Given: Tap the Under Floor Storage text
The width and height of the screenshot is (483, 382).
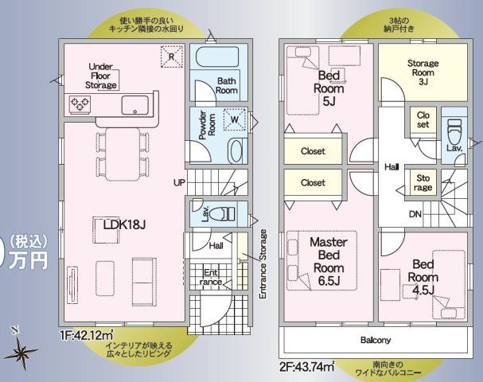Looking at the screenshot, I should tap(103, 76).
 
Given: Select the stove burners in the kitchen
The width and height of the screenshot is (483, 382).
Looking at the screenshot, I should tap(80, 103).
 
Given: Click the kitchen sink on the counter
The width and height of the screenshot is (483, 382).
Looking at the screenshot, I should tap(134, 105).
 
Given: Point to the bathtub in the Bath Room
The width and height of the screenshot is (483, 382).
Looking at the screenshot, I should tap(216, 60).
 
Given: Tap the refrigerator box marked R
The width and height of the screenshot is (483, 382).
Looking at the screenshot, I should tap(170, 56).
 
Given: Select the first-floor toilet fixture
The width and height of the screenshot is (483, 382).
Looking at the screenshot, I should tap(225, 213).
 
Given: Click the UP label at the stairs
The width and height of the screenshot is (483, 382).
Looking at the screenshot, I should tap(180, 182).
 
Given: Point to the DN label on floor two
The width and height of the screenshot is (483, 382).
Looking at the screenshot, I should tap(415, 215).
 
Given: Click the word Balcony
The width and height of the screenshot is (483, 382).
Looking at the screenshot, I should tap(375, 340).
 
